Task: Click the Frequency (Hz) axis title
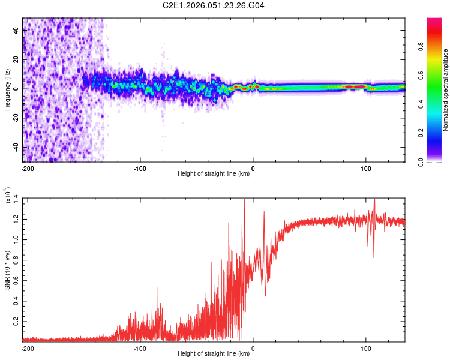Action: point(8,90)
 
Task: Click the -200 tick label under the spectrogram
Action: point(27,167)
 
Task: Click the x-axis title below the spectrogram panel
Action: point(214,175)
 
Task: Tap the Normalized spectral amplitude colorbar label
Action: point(446,90)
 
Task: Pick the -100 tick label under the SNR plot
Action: point(140,347)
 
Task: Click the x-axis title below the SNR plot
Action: point(214,355)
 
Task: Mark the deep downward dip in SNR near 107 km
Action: point(374,257)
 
